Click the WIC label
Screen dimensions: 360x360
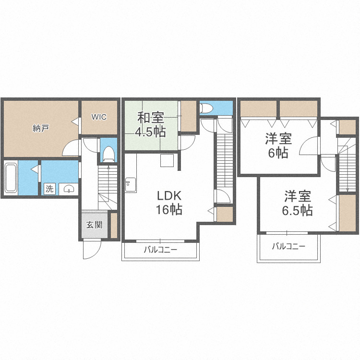99,117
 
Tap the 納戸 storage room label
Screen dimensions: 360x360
40,128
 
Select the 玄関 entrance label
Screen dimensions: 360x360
94,225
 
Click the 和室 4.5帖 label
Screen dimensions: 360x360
150,124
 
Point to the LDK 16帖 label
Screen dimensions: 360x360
169,203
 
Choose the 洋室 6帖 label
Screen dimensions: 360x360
278,145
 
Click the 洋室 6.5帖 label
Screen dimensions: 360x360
297,203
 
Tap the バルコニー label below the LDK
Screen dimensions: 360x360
160,250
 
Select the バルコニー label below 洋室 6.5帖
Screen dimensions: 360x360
288,247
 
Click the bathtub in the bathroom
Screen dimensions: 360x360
11,178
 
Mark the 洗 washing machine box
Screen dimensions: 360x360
49,189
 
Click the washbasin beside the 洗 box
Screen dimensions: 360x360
69,189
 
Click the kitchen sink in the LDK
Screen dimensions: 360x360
131,185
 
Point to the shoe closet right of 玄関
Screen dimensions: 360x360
114,225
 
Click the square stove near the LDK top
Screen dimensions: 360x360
167,160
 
